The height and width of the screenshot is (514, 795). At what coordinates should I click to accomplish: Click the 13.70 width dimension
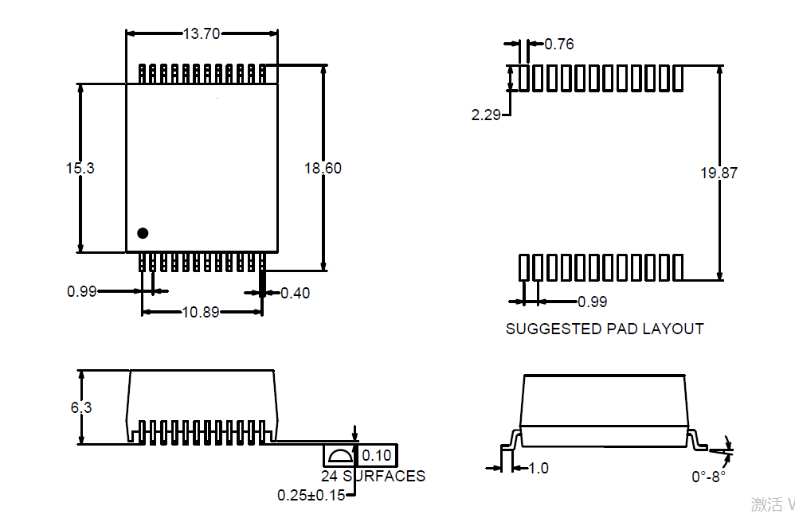click(x=201, y=33)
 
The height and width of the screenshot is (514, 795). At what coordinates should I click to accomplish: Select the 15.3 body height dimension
click(x=80, y=168)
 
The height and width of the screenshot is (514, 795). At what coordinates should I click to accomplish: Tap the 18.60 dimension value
click(x=323, y=168)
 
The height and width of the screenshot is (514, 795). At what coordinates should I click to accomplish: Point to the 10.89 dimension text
click(x=201, y=312)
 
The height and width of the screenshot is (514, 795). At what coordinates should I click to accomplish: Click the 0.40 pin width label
click(x=295, y=293)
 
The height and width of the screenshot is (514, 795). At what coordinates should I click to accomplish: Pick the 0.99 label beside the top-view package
click(x=81, y=291)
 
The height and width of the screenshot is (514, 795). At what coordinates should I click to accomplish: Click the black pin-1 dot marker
click(x=143, y=233)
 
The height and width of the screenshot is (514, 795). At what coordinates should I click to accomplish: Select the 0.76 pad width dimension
click(x=558, y=44)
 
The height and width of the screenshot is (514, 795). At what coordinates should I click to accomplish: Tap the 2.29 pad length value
click(x=486, y=115)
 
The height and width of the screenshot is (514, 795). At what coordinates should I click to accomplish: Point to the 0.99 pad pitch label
click(x=592, y=302)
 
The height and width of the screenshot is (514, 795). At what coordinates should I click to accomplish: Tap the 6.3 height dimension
click(x=80, y=407)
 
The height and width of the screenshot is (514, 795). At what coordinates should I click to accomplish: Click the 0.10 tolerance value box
click(x=377, y=455)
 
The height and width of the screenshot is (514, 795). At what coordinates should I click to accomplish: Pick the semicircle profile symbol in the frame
click(x=340, y=456)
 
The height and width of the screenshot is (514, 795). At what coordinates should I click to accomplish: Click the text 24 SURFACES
click(x=373, y=476)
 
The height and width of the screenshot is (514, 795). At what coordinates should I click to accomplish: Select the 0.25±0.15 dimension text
click(x=311, y=495)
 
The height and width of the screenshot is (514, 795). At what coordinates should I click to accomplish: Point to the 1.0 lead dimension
click(x=538, y=468)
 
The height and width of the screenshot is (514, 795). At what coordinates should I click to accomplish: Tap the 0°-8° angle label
click(x=708, y=477)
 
